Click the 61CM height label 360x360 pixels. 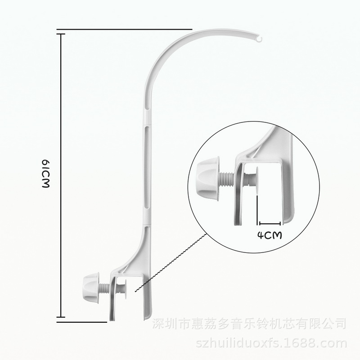click(45, 175)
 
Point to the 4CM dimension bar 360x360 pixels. click(269, 222)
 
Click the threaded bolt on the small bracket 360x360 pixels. click(104, 287)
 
